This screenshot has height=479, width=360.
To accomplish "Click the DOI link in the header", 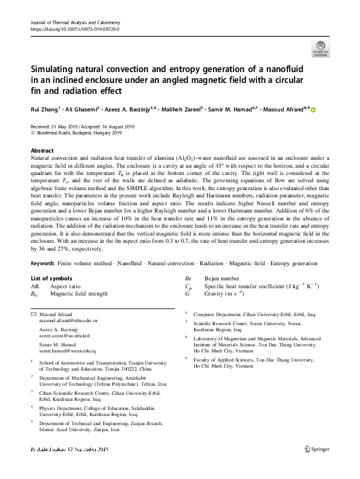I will [74, 29].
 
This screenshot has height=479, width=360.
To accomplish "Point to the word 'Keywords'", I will [42, 264].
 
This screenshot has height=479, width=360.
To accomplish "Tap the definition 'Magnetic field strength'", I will [79, 293].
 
